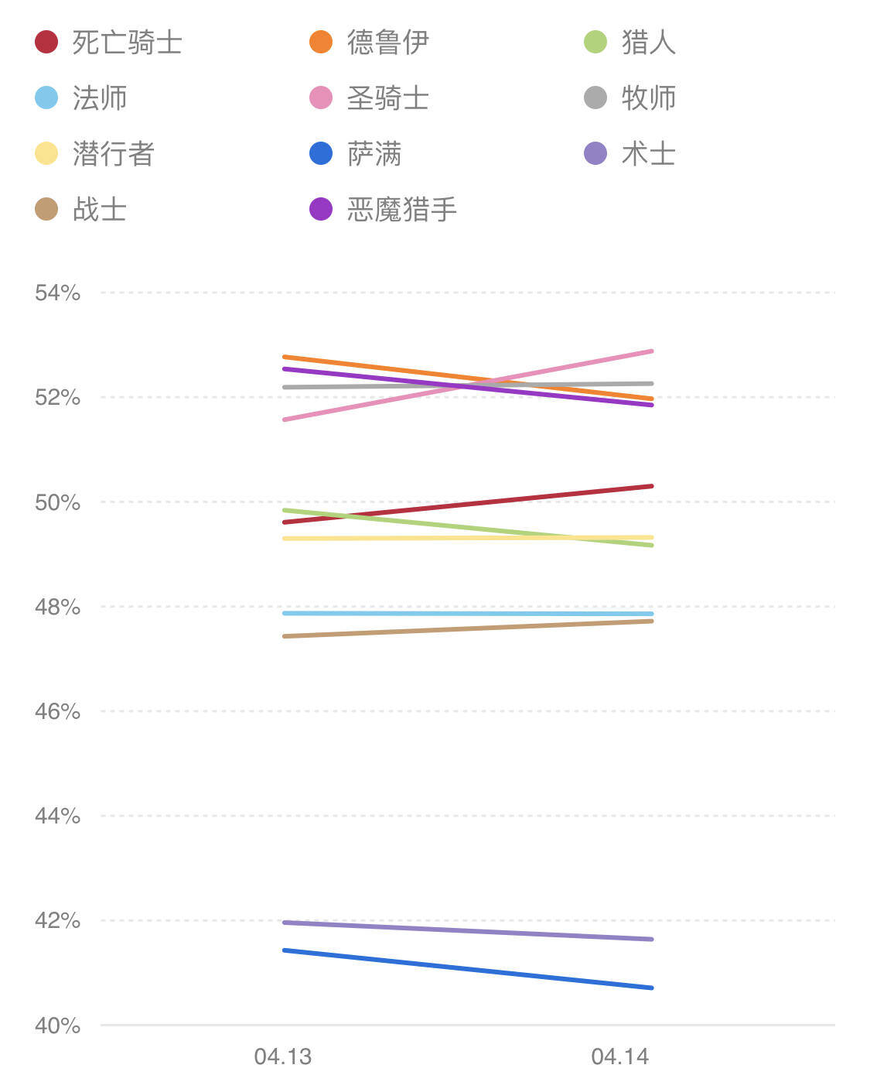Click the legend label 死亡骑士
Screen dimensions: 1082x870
(127, 43)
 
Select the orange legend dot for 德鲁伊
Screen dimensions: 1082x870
(321, 42)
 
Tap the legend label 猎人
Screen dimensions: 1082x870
(648, 43)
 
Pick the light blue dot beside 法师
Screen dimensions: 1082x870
(46, 98)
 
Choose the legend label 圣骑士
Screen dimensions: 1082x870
(387, 98)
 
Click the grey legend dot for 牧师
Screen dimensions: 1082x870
(595, 98)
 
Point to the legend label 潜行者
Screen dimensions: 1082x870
(113, 154)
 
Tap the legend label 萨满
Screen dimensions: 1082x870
(374, 154)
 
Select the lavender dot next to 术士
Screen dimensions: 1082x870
(595, 154)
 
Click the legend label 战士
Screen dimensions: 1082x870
(100, 210)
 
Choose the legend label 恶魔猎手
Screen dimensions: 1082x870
(402, 210)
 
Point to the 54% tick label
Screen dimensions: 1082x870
(58, 293)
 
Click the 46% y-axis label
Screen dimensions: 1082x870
(58, 711)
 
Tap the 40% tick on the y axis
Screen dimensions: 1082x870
(58, 1026)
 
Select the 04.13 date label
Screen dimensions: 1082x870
(283, 1056)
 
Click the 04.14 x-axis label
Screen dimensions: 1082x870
(620, 1056)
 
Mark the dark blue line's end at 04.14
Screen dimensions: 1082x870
(652, 988)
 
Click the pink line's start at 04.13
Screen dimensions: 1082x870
(285, 419)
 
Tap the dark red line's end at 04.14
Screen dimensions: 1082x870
(652, 486)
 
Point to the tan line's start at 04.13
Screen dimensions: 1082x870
(285, 636)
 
